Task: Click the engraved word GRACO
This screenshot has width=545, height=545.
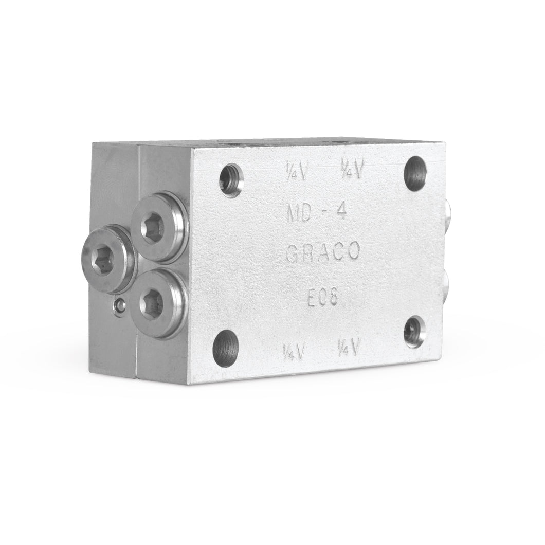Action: tap(322, 253)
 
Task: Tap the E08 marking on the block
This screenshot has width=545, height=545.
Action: tap(319, 297)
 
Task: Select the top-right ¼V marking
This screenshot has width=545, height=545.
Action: tap(353, 170)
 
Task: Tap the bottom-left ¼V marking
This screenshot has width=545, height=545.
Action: tap(295, 352)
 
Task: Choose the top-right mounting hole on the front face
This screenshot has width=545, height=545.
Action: tap(415, 172)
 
